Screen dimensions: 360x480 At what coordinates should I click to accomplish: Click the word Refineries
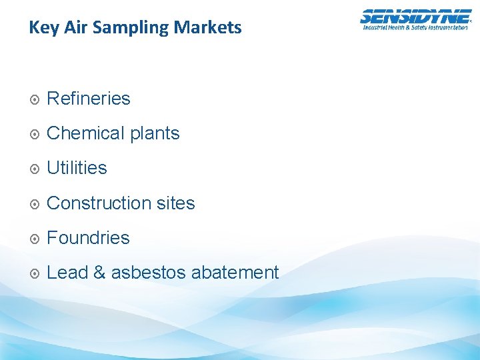click(x=89, y=99)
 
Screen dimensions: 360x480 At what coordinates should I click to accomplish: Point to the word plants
click(x=155, y=134)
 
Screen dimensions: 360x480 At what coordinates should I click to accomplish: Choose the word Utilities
click(x=77, y=168)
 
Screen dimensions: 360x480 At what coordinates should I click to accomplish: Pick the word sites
click(x=176, y=203)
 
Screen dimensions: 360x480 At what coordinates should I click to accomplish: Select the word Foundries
click(x=88, y=237)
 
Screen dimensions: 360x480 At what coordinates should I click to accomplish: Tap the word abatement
click(x=235, y=272)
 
